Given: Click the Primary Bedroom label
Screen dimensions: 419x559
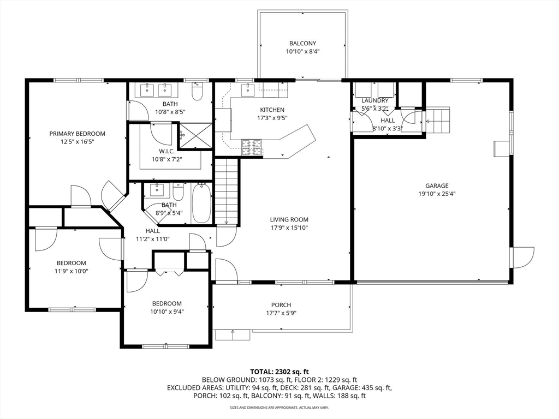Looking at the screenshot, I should (77, 134).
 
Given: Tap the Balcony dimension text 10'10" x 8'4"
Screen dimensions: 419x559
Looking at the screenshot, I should (302, 52).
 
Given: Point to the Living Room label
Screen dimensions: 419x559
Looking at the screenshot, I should (289, 220).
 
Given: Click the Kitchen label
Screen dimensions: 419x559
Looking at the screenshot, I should (272, 110).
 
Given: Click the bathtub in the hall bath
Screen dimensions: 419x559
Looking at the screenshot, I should (201, 203).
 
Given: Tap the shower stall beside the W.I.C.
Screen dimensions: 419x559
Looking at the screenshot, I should (196, 136).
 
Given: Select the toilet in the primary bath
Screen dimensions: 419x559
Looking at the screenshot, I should (197, 91).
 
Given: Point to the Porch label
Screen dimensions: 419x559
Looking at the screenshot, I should (281, 305).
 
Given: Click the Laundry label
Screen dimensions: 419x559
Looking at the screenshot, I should (375, 100).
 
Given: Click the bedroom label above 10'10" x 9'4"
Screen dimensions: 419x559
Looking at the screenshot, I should (166, 303).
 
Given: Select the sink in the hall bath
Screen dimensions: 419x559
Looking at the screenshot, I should (157, 190).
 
